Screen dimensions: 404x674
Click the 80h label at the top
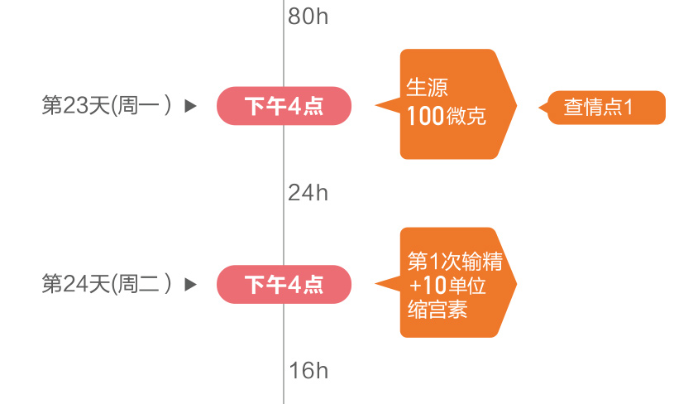(x=308, y=16)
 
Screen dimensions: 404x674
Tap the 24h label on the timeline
(x=308, y=193)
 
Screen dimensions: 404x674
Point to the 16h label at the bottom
(x=308, y=371)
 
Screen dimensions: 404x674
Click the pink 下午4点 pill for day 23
(x=284, y=106)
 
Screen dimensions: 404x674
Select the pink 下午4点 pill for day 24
(x=284, y=285)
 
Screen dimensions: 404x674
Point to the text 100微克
(x=446, y=117)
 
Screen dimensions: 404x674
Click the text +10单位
(x=447, y=286)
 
